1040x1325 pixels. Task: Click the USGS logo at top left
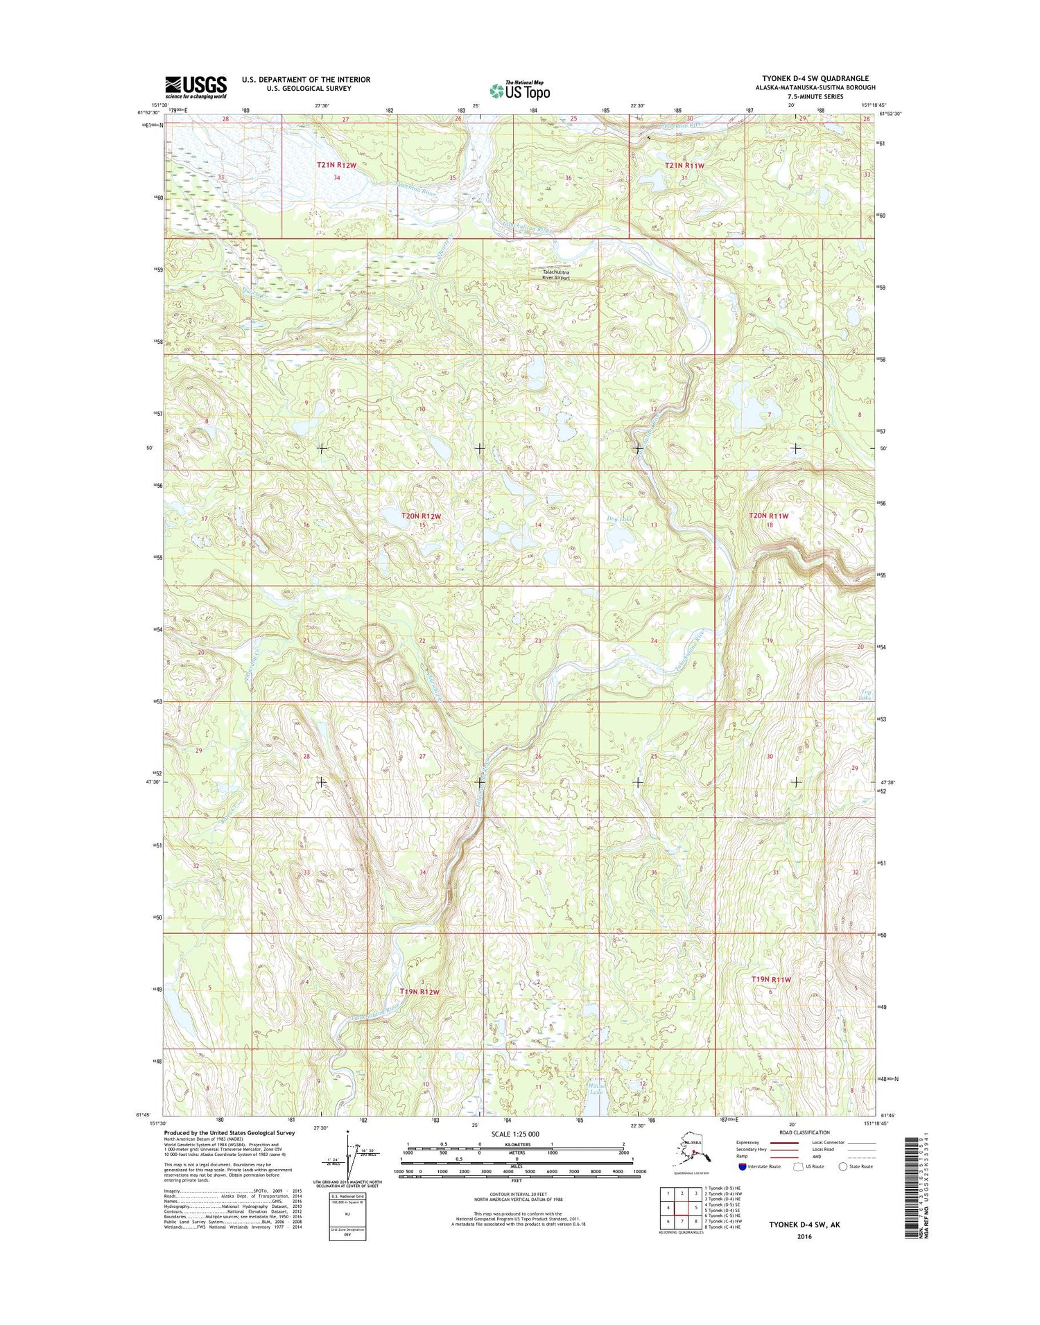point(196,87)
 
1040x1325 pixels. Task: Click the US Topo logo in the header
point(520,90)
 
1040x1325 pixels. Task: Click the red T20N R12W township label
point(421,516)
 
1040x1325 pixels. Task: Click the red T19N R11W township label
point(771,979)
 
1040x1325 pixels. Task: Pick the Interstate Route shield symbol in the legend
point(743,1166)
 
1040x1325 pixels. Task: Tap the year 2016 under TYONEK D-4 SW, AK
point(804,1236)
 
